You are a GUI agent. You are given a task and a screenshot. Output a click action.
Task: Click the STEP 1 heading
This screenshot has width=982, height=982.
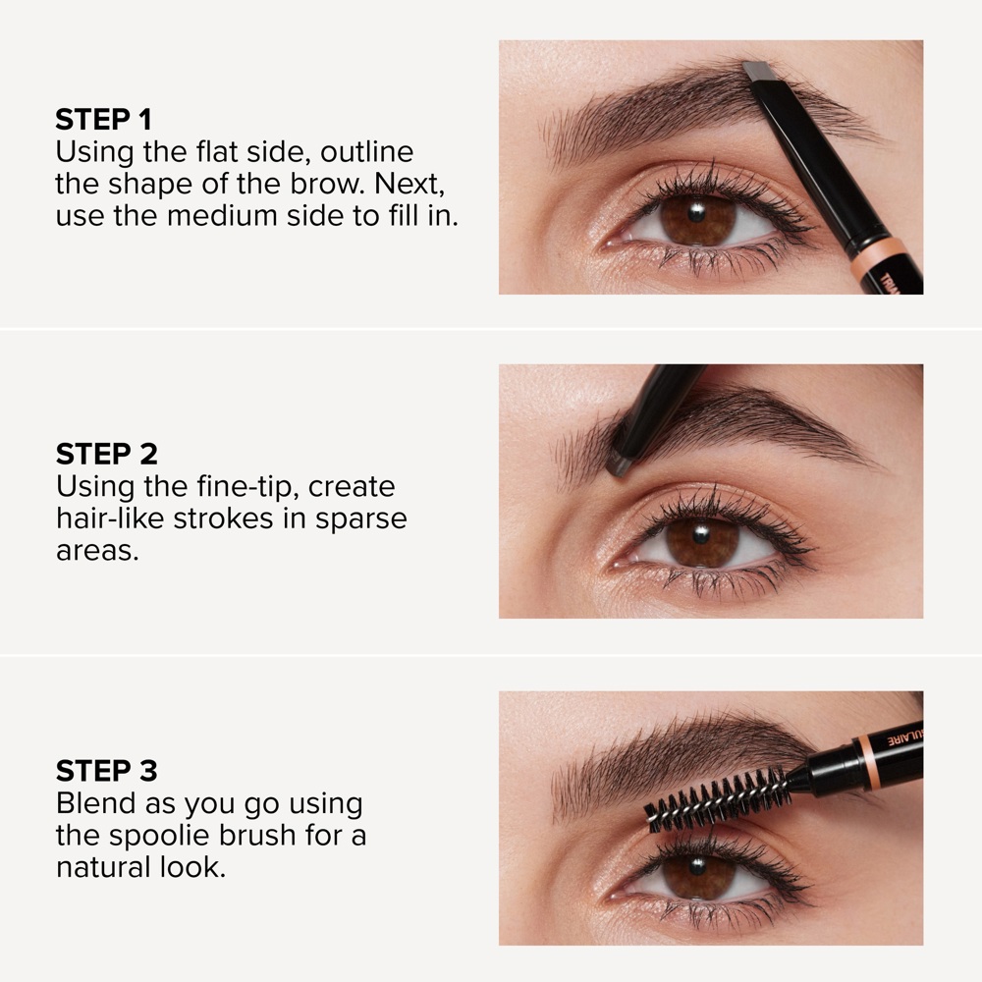pos(104,120)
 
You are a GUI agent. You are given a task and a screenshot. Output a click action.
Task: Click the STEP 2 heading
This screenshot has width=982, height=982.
pos(106,454)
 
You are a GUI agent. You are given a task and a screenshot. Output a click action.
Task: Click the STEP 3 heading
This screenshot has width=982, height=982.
pos(106,770)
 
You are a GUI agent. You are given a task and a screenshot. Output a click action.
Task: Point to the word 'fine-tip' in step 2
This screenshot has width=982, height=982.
pos(235,486)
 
